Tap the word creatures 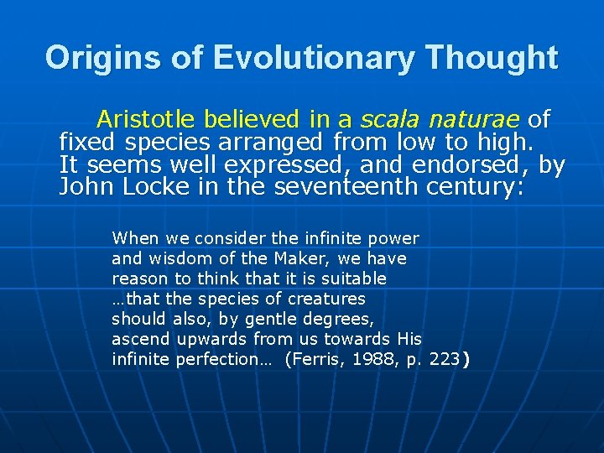(326, 299)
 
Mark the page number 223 (445, 359)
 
